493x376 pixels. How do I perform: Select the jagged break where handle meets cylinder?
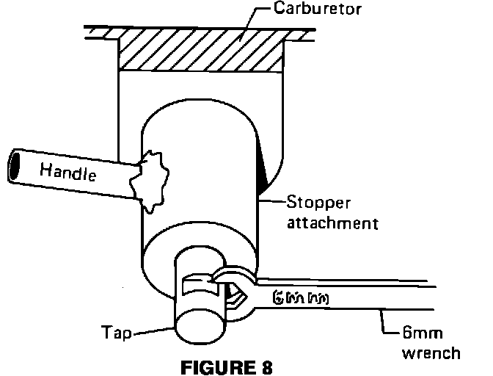(x=152, y=180)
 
